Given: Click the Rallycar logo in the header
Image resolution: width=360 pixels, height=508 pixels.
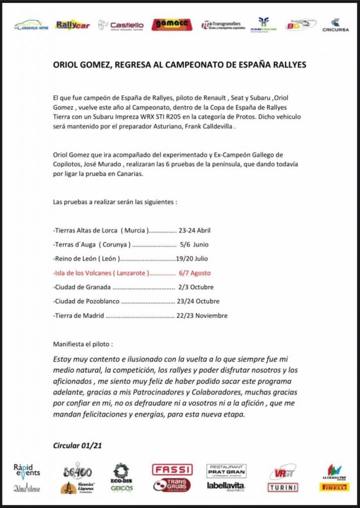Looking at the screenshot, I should point(72,24).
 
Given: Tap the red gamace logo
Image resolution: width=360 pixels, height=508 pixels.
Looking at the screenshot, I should point(170,24).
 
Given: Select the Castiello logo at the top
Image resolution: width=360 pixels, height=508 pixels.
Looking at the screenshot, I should point(121,25).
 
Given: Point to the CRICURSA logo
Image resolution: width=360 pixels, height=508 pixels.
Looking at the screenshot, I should point(335,25).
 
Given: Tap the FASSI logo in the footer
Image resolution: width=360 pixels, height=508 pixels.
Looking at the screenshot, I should point(172,469).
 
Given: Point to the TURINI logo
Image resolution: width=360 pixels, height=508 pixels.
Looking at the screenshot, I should point(283,487).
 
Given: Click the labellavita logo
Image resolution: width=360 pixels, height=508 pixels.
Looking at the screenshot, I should point(226,486).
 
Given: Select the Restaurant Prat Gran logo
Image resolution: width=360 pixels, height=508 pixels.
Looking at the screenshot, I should point(227,470).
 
